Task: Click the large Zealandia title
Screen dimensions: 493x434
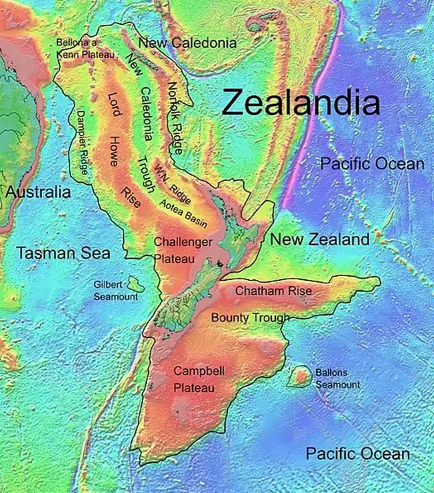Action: point(301,102)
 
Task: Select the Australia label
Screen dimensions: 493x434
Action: point(38,192)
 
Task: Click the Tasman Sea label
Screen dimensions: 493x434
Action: point(63,253)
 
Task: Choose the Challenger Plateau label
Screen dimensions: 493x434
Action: point(183,249)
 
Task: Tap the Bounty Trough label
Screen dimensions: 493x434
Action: point(250,318)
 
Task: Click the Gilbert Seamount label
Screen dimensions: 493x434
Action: point(106,290)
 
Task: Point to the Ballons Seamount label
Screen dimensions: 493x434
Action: point(338,378)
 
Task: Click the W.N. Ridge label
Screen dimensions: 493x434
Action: point(173,184)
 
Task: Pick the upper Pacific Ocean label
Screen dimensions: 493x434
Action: point(372,163)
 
